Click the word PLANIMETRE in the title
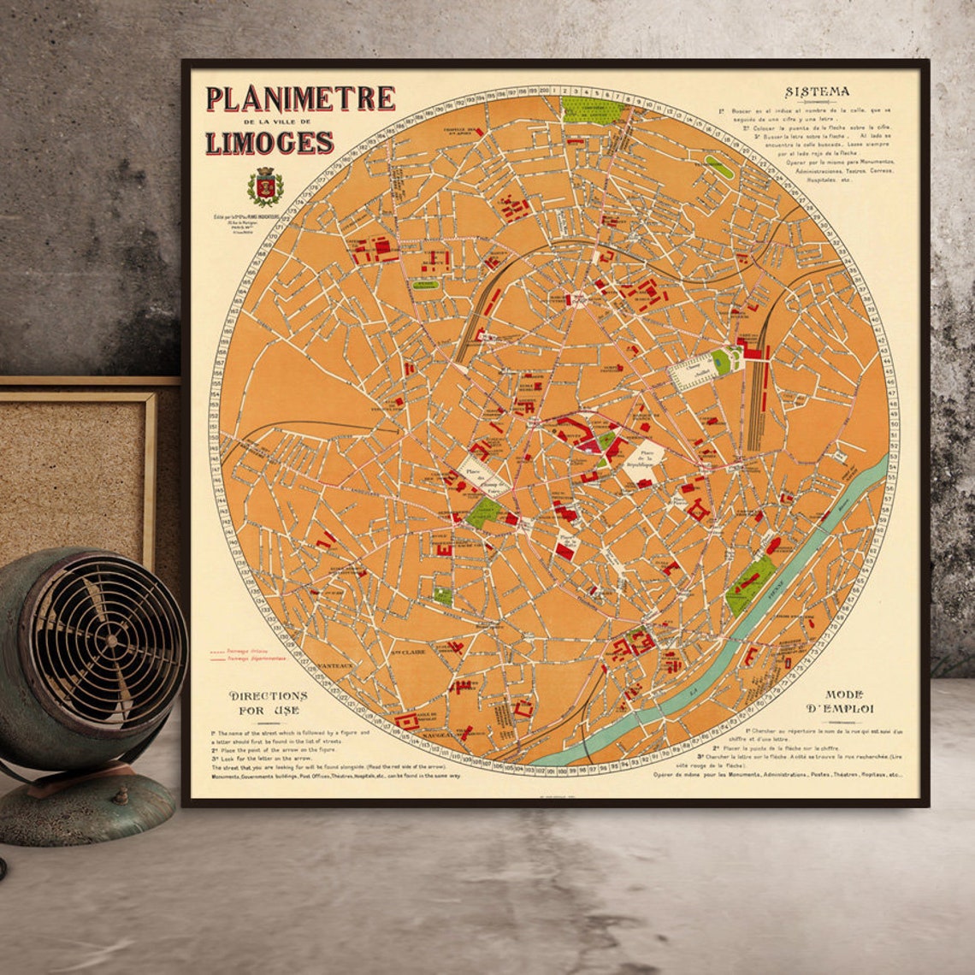tap(300, 99)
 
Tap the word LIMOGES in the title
tap(269, 142)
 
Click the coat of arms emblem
tap(264, 186)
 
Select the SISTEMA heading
tap(817, 92)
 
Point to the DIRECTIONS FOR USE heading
tap(268, 702)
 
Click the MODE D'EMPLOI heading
tap(843, 701)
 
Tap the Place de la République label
tap(647, 459)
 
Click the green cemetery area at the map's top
tap(591, 110)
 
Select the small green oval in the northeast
tap(719, 168)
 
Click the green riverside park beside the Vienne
tap(750, 584)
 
